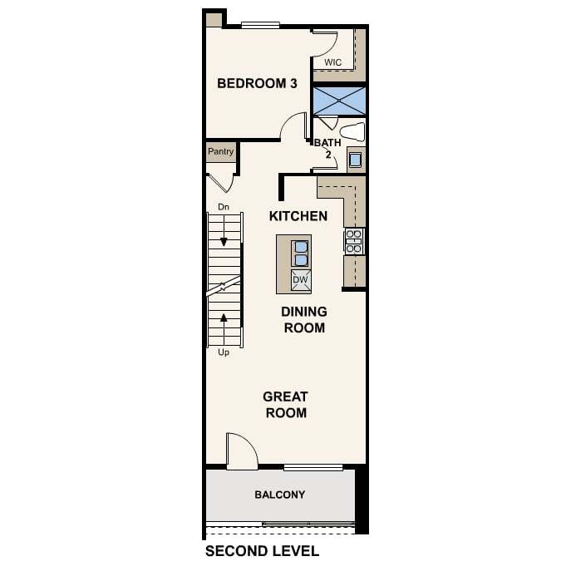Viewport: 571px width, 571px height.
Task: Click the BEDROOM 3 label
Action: (x=257, y=83)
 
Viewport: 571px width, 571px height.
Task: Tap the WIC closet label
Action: (x=332, y=62)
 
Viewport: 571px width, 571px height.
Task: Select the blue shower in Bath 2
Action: (x=339, y=101)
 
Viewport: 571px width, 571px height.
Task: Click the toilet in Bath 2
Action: (x=352, y=132)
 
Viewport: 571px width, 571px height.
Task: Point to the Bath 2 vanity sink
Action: (x=355, y=160)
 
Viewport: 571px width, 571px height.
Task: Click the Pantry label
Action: (x=221, y=151)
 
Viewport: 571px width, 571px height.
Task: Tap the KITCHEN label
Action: (x=298, y=216)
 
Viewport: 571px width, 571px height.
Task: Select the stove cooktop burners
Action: (x=354, y=241)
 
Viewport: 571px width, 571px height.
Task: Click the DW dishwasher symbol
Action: (x=301, y=280)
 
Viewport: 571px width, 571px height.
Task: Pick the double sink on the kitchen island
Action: (x=301, y=254)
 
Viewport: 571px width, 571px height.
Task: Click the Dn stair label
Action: (x=224, y=207)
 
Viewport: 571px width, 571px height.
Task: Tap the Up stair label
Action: (x=224, y=352)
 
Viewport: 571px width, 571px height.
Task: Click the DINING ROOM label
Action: (x=304, y=320)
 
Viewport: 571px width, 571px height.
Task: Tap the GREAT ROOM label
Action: (x=286, y=405)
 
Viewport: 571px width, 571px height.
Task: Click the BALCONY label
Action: (x=279, y=495)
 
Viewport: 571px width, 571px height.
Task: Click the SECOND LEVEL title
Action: (x=262, y=551)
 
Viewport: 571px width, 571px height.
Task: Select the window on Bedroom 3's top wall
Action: (x=260, y=25)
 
